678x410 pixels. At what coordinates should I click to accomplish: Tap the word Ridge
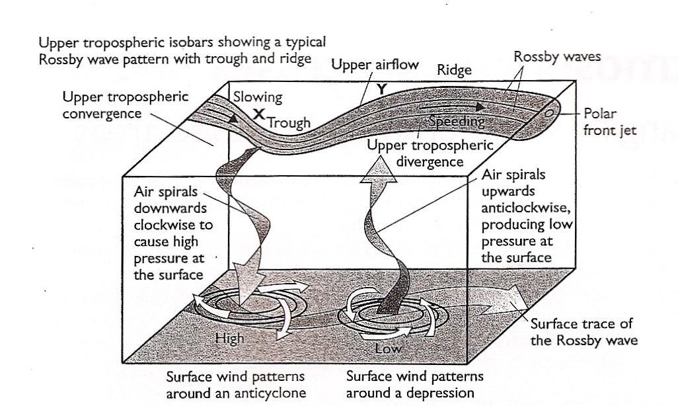coord(454,70)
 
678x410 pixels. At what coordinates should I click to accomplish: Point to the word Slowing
coord(258,97)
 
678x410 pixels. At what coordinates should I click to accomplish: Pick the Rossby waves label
coord(556,57)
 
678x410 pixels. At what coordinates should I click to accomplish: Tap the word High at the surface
coord(230,338)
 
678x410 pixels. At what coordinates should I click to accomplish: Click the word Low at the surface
coord(389,347)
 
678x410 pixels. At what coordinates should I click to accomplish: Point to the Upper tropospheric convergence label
coord(125,105)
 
